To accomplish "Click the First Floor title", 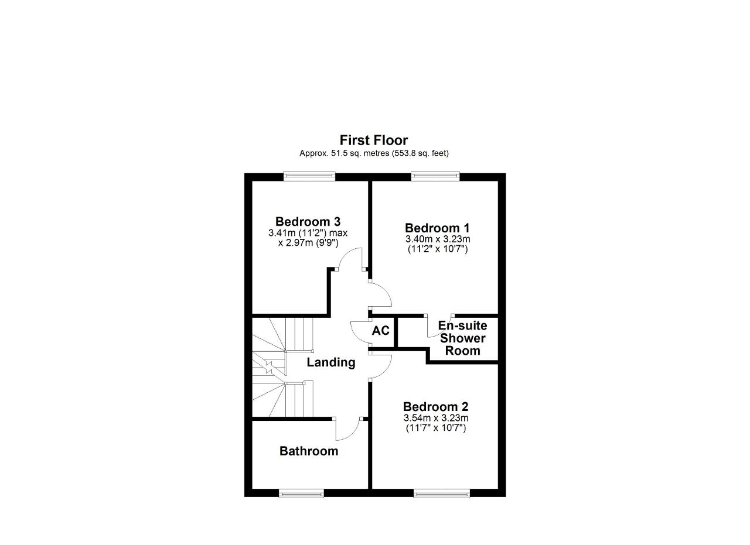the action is [x=374, y=140].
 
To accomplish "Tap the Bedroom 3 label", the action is [x=308, y=221].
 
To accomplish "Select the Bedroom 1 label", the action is [x=437, y=228].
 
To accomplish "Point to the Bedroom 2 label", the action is [x=435, y=406].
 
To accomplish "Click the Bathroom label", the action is [x=309, y=451].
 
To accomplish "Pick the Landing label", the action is [x=331, y=362].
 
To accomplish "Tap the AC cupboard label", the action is [x=381, y=331].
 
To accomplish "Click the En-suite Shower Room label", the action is [x=462, y=338].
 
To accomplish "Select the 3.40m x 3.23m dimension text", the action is [x=438, y=239].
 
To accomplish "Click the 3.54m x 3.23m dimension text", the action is [x=436, y=417].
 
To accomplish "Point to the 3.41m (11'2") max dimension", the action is [x=308, y=233].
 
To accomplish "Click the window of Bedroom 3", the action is [x=309, y=176].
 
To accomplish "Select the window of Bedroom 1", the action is [x=435, y=176].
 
